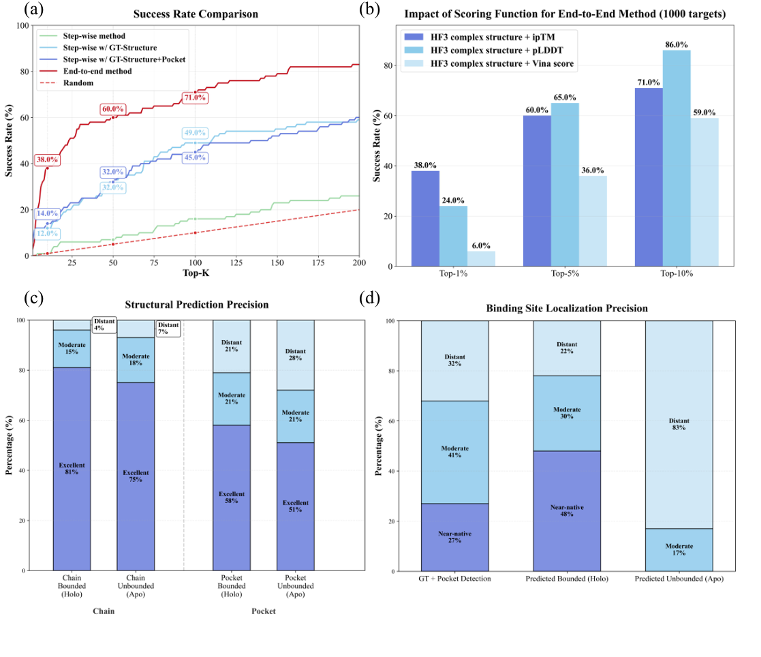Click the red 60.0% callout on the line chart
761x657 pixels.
[113, 109]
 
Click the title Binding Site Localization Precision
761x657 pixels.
[567, 309]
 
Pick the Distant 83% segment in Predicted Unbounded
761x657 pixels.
[679, 424]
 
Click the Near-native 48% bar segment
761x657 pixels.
[566, 510]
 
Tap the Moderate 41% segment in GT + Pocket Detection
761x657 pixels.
[454, 452]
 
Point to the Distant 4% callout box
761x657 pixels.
[104, 324]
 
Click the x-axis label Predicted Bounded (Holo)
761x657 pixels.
[567, 578]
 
